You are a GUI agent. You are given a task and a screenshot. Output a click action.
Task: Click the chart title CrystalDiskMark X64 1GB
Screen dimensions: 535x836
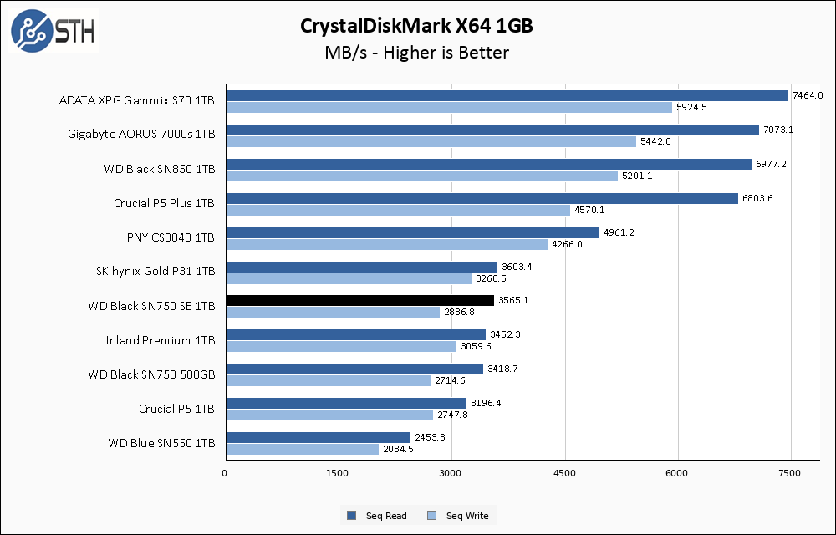[416, 26]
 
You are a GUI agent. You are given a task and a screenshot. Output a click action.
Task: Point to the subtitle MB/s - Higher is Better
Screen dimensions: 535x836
[416, 53]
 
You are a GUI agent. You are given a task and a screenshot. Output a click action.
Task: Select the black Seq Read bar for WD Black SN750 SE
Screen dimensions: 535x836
[359, 300]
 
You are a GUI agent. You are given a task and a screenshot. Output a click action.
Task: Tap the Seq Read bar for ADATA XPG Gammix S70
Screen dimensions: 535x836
[507, 95]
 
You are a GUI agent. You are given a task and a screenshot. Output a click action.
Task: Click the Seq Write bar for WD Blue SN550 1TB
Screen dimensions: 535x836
[302, 449]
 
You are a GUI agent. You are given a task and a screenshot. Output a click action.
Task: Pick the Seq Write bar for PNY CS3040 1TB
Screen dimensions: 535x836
[386, 244]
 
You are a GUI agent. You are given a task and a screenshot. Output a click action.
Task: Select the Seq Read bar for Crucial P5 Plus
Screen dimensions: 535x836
[482, 198]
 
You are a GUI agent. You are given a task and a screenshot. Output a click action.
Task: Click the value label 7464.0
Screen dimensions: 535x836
[808, 95]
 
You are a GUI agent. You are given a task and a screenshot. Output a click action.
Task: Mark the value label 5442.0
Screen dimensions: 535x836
[655, 141]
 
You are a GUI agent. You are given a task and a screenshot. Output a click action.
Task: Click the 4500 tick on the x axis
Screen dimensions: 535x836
[564, 474]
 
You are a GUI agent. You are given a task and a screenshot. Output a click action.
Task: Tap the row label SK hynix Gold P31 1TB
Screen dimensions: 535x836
[155, 271]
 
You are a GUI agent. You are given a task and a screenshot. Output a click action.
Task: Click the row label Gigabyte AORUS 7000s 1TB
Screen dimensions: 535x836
[141, 134]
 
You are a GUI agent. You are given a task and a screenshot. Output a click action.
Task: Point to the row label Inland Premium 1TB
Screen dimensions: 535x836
[161, 340]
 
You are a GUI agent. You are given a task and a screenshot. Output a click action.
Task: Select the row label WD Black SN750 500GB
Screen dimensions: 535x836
[151, 374]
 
